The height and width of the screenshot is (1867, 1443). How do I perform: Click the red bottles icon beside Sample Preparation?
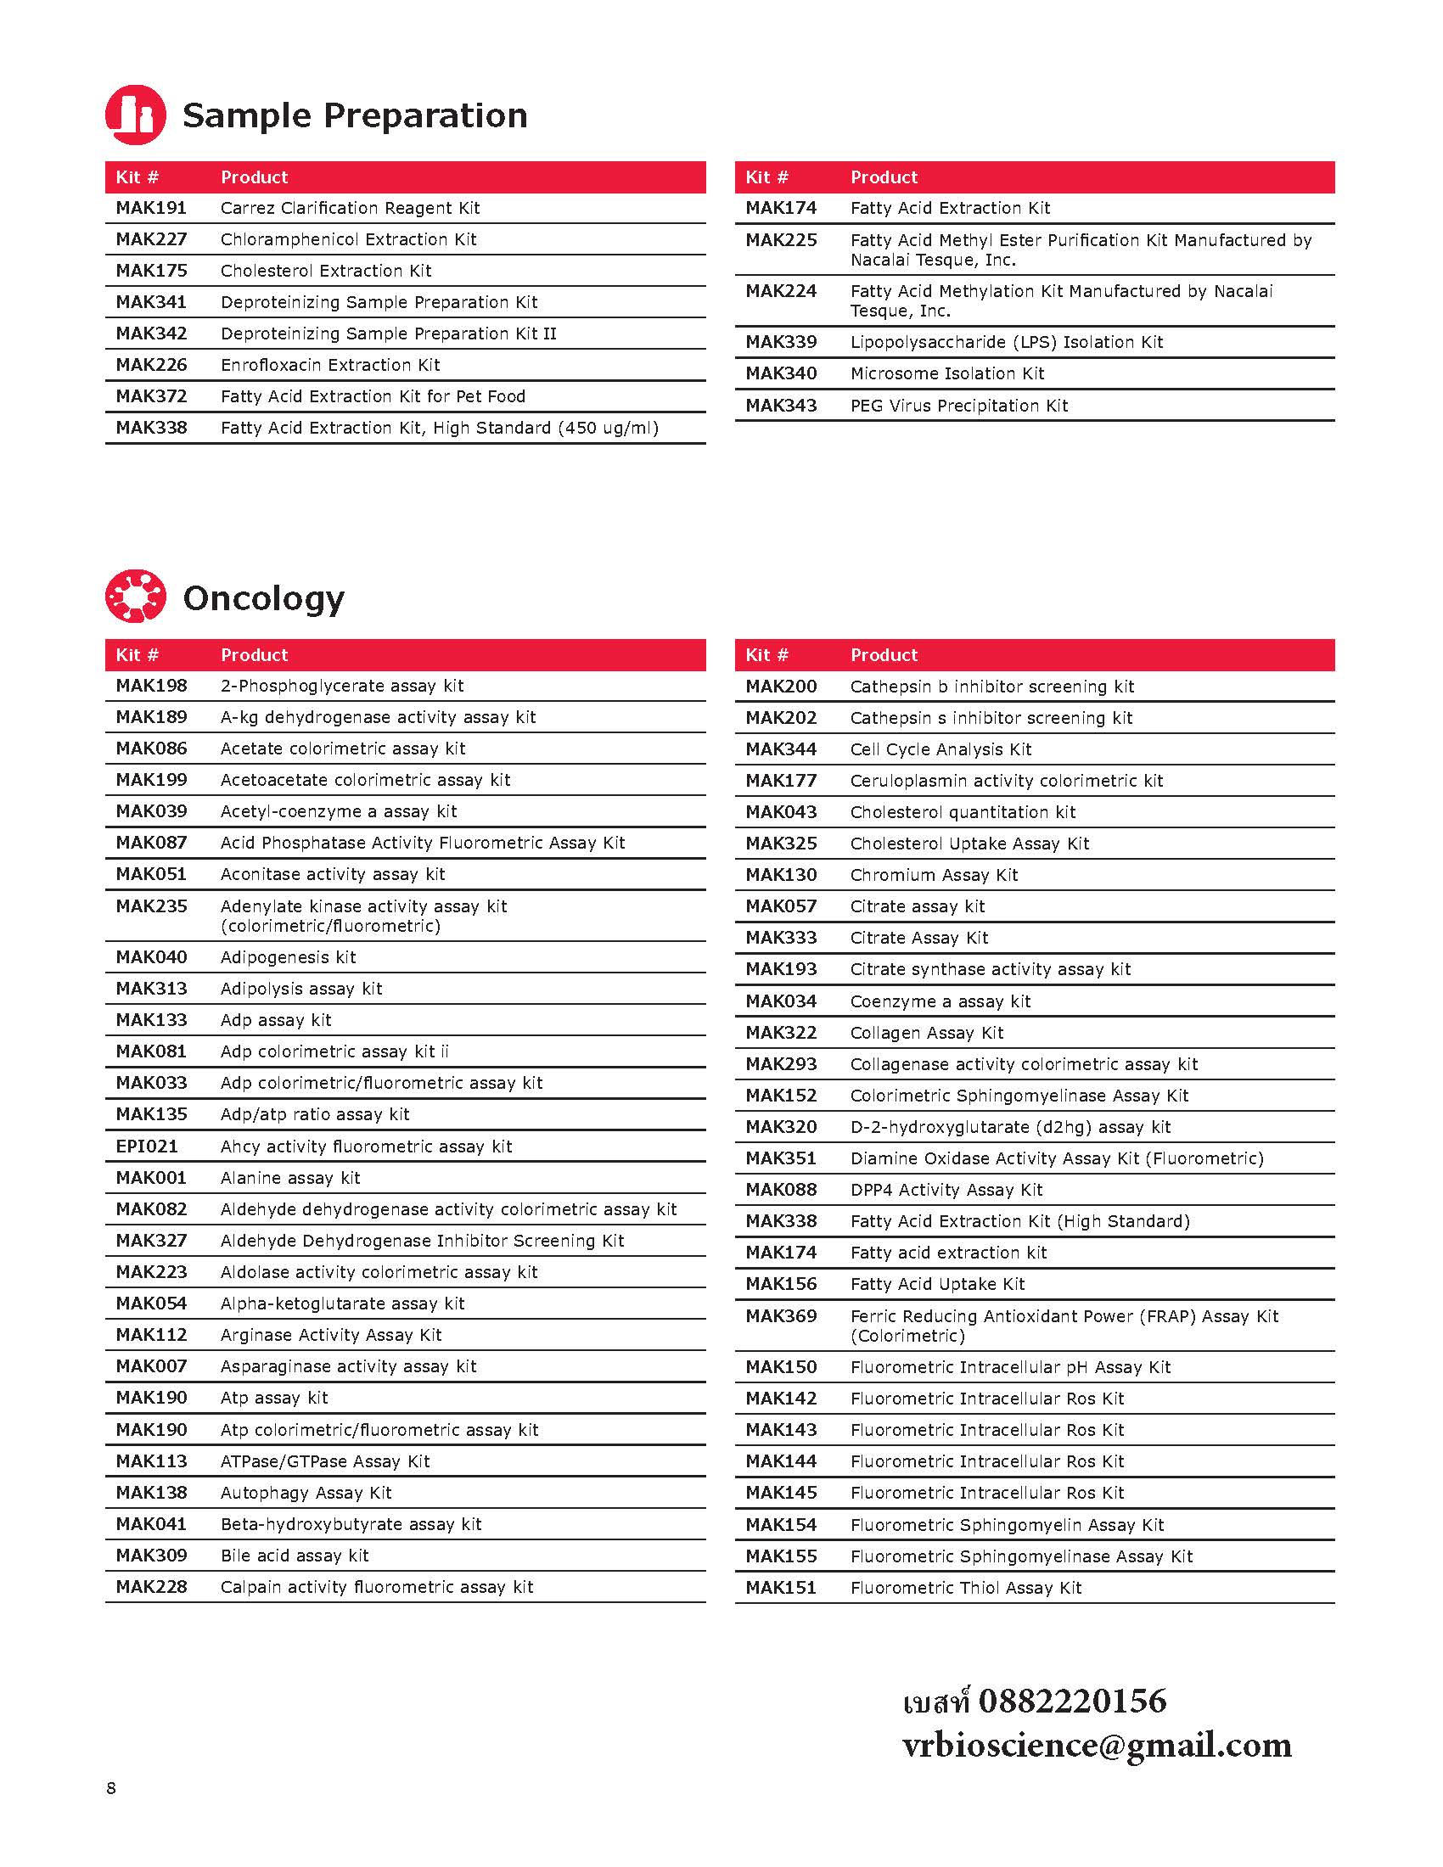tap(135, 115)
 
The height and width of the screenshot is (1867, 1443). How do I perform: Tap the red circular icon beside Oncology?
tap(135, 596)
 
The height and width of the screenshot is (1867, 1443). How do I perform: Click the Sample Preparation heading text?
tap(355, 115)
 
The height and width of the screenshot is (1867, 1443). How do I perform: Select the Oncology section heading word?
tap(263, 598)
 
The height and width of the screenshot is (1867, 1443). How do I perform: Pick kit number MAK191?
tap(151, 208)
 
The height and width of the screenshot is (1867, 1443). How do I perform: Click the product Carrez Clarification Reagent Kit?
tap(350, 208)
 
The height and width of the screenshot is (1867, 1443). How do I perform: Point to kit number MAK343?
tap(780, 405)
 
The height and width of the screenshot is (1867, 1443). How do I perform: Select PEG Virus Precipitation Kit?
tap(958, 405)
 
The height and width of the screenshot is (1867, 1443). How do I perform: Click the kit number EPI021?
tap(146, 1146)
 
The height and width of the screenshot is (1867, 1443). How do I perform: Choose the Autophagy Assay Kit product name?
tap(306, 1492)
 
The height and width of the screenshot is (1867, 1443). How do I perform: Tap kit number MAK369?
tap(780, 1315)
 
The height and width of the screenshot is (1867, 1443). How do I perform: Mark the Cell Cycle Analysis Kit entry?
tap(940, 748)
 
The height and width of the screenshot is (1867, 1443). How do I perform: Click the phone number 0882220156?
tap(1072, 1701)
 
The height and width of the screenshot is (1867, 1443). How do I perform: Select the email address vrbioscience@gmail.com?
tap(1097, 1744)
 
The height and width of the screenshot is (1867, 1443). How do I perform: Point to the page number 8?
tap(111, 1787)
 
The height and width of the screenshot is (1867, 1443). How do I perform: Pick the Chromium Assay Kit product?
tap(934, 874)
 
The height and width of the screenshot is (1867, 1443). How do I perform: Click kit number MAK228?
tap(151, 1587)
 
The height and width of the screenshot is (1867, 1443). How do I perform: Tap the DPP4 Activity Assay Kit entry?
tap(946, 1189)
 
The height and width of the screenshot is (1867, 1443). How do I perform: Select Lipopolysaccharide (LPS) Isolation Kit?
tap(1006, 342)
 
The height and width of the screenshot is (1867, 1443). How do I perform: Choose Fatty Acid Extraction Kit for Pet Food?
tap(373, 395)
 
